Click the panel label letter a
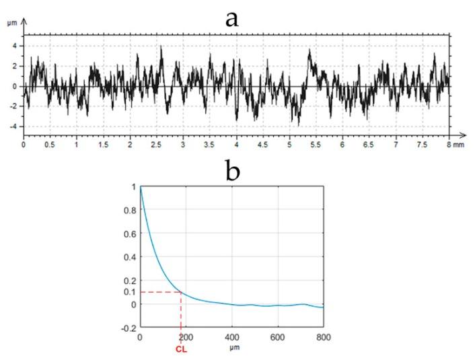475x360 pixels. (231, 18)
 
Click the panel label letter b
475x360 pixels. (233, 173)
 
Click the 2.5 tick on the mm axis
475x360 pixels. (156, 145)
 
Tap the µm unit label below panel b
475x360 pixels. (231, 349)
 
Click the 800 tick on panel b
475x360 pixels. (323, 337)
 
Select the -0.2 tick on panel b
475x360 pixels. (126, 328)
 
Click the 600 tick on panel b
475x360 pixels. (277, 337)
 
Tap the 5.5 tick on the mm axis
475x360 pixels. (316, 145)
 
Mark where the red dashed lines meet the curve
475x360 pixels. (181, 291)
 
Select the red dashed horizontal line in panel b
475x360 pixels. (159, 291)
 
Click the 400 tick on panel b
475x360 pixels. (231, 337)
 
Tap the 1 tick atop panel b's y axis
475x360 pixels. (132, 186)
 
